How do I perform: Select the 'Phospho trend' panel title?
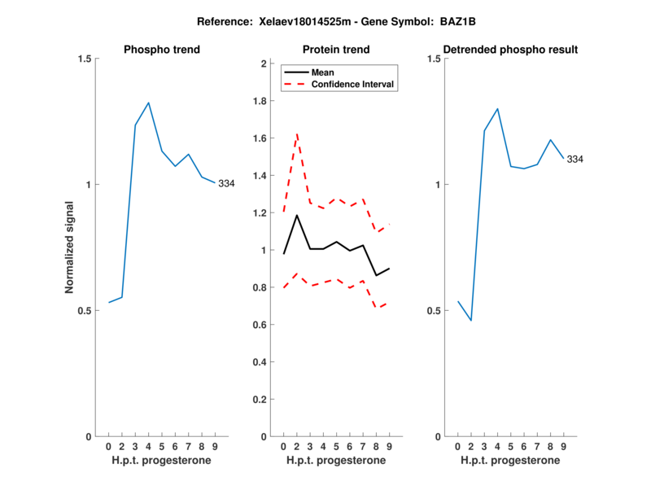click(x=162, y=50)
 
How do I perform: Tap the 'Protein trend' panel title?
click(x=336, y=50)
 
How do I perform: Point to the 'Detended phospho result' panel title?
click(x=510, y=50)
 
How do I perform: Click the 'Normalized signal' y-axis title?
click(x=70, y=248)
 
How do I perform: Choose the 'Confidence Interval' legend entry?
click(x=353, y=84)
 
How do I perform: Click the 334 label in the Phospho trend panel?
click(x=225, y=184)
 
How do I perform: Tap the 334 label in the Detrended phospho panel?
click(x=575, y=160)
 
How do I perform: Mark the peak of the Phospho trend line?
click(x=148, y=103)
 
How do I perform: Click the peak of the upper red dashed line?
click(x=297, y=133)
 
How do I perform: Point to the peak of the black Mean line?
click(x=297, y=215)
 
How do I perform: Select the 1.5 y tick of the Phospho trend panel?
click(x=83, y=59)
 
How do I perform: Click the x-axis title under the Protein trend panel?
click(x=336, y=461)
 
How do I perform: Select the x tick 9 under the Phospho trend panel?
click(x=215, y=447)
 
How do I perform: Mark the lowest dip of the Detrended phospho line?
click(x=470, y=321)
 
